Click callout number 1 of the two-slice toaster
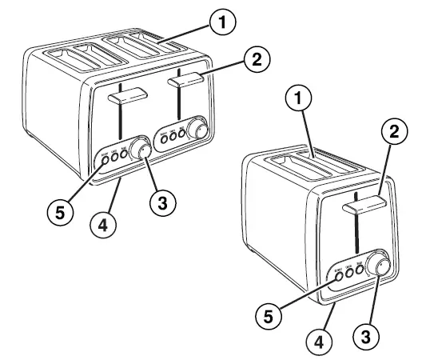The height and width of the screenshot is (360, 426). tap(297, 100)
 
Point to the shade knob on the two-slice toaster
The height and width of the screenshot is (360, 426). tap(379, 267)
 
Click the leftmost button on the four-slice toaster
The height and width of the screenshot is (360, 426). tap(105, 160)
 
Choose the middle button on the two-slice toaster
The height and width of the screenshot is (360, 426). tap(349, 273)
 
